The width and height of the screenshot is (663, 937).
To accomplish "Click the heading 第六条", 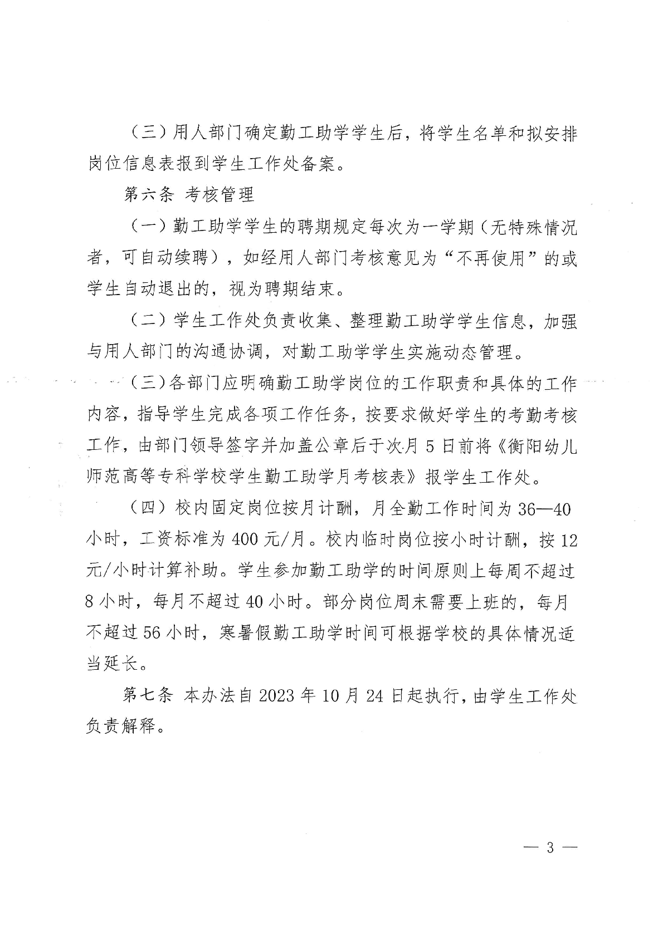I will [x=148, y=194].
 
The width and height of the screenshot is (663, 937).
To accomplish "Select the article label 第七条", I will [x=148, y=696].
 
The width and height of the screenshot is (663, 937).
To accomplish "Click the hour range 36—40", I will [x=544, y=509].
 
